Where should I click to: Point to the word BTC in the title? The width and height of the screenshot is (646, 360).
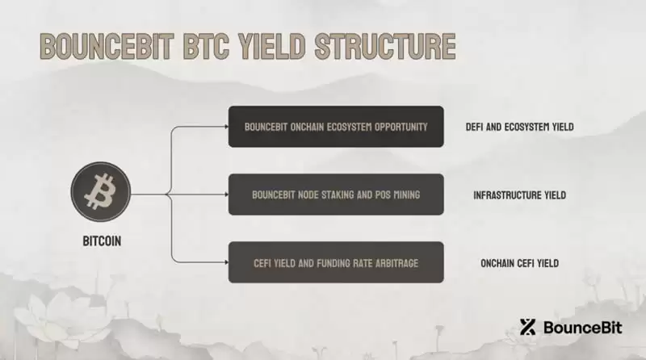(x=209, y=47)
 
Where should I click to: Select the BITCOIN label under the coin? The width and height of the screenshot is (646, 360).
(x=103, y=241)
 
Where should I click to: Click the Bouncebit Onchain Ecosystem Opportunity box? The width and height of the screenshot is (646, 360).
(x=336, y=127)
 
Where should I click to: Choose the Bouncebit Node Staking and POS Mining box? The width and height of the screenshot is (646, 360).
(x=336, y=195)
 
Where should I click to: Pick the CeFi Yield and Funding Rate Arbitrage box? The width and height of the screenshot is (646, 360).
(x=336, y=262)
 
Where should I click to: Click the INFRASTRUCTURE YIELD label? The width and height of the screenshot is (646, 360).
(x=519, y=195)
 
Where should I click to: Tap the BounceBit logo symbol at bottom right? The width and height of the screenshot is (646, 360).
(x=528, y=327)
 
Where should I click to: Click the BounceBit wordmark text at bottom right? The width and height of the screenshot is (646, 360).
(x=580, y=328)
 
